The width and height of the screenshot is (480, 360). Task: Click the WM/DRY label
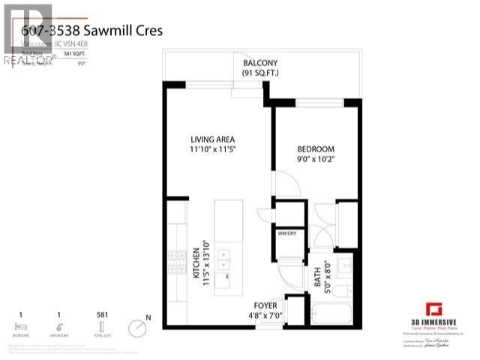point(288,233)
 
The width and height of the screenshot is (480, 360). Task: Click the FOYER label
point(266,305)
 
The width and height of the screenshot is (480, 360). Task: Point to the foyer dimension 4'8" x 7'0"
point(266,316)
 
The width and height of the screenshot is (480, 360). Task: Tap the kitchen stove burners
point(177,263)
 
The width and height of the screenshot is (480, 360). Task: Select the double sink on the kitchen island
point(223,259)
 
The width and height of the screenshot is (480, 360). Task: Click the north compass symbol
point(136,327)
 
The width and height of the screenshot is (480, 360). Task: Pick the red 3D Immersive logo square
point(433,309)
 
